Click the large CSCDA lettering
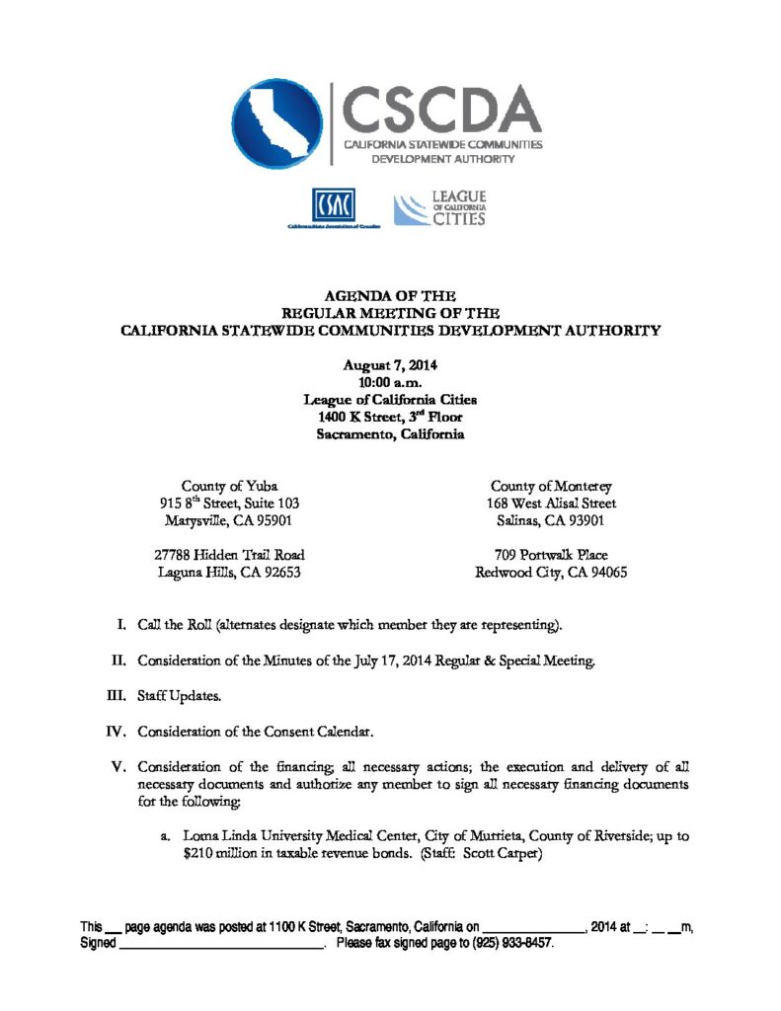point(441,108)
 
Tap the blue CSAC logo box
point(333,206)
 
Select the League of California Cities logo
point(440,209)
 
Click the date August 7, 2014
point(390,364)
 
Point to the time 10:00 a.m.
point(390,382)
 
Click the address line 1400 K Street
point(390,417)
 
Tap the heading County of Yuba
point(229,486)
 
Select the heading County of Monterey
point(551,486)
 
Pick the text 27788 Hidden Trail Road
point(229,555)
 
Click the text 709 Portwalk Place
point(551,555)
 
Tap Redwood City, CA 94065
point(551,572)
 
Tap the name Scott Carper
point(504,853)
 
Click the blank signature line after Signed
point(223,944)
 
